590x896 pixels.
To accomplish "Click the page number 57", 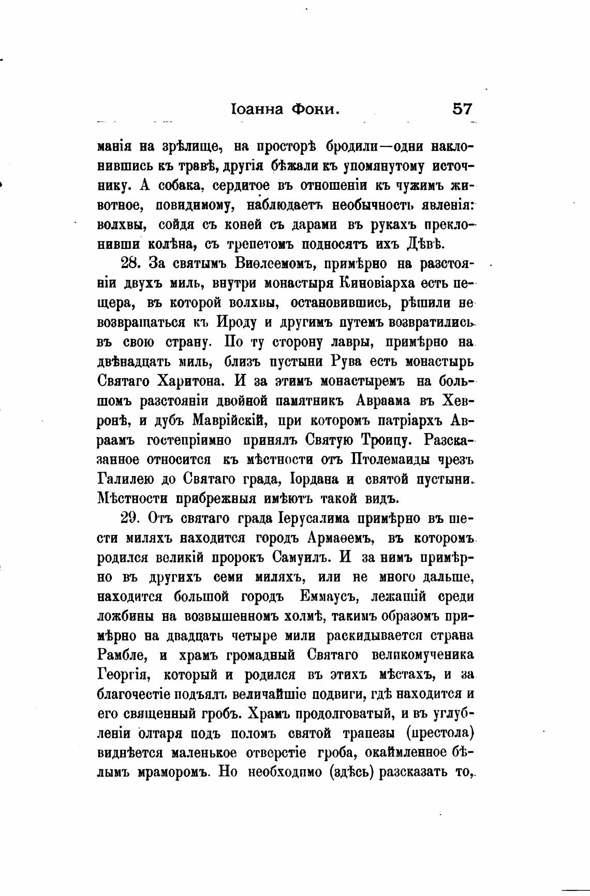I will (462, 109).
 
